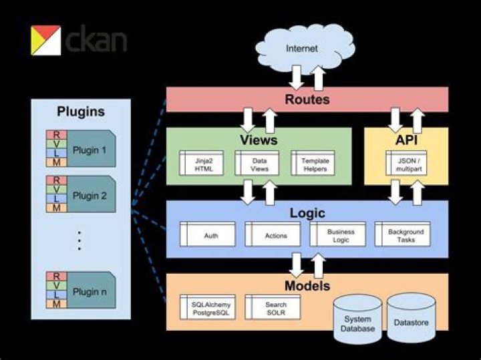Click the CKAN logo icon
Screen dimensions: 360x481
pyautogui.click(x=45, y=40)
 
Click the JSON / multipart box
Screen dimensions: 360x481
pyautogui.click(x=406, y=164)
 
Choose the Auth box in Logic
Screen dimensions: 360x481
pyautogui.click(x=210, y=235)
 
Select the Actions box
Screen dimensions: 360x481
pyautogui.click(x=276, y=235)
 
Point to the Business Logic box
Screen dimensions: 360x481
pyautogui.click(x=341, y=235)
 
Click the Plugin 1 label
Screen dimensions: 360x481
pyautogui.click(x=89, y=149)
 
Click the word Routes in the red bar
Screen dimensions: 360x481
pyautogui.click(x=307, y=100)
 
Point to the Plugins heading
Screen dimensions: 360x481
pyautogui.click(x=81, y=112)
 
